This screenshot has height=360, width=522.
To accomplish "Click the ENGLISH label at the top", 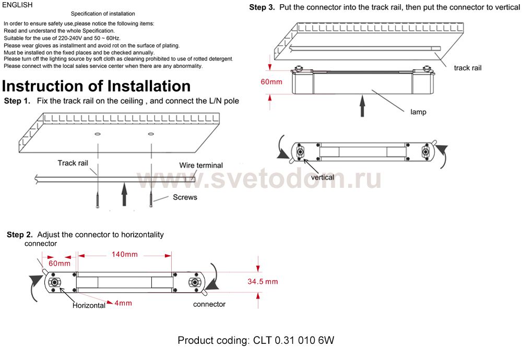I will (17, 5).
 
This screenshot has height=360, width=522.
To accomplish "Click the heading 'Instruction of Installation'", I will (97, 86).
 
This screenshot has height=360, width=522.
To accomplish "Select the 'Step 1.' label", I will (17, 101).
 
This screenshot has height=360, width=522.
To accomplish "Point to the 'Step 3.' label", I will (262, 7).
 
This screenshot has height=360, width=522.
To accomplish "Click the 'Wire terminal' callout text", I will (201, 165).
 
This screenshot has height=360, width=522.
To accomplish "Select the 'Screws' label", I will (185, 197).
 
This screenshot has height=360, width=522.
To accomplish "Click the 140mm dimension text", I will (124, 255).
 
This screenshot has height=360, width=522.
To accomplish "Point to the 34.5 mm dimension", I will (263, 282).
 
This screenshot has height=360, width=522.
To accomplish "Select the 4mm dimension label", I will (123, 303).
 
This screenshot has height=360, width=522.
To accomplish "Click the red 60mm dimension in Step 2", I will (60, 263).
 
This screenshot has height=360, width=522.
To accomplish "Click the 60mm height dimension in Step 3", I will (271, 82).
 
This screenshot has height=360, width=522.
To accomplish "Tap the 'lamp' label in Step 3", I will (418, 112).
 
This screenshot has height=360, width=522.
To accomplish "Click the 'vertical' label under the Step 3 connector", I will (322, 177).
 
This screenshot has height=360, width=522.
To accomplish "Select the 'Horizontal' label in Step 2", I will (89, 306).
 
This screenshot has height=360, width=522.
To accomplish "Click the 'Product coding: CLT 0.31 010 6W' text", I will (256, 341).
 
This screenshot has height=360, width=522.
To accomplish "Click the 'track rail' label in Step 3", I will (468, 68).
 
